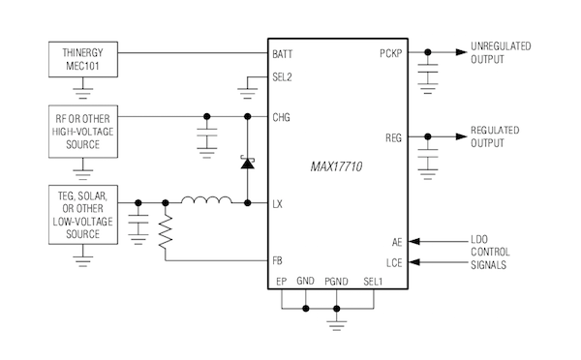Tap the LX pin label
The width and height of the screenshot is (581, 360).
pyautogui.click(x=279, y=203)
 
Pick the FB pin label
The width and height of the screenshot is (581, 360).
pyautogui.click(x=279, y=260)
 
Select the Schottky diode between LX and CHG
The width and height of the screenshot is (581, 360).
pyautogui.click(x=247, y=164)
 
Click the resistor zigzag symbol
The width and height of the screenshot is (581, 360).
pyautogui.click(x=166, y=229)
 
